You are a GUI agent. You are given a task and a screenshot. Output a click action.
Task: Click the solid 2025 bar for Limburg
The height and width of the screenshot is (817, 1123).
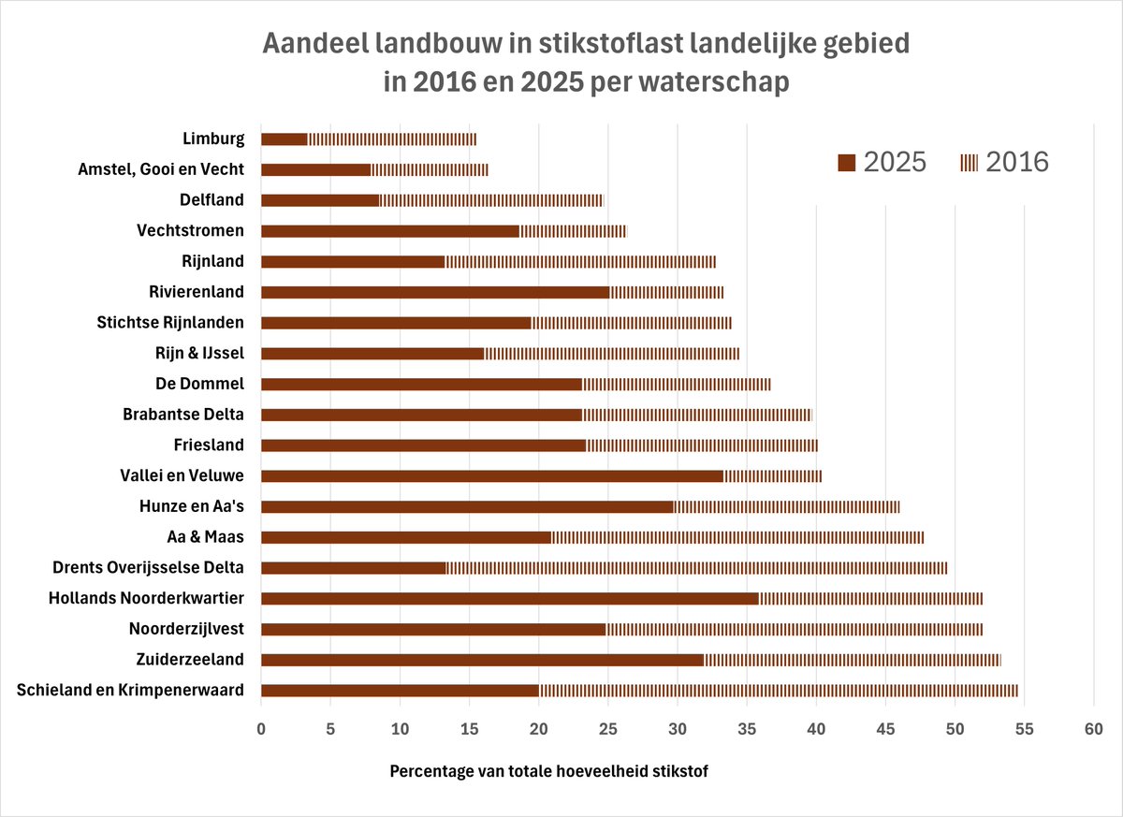coord(284,139)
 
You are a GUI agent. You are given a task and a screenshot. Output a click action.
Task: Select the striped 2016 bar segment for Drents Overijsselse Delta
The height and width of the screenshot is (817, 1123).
coord(696,568)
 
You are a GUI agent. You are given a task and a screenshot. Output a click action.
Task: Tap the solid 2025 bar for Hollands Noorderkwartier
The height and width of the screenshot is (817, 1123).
coord(509,599)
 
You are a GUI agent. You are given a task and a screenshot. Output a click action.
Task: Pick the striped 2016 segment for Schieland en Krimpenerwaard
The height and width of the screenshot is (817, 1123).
coord(778,692)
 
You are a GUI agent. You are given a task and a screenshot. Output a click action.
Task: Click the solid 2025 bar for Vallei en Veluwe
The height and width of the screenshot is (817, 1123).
coord(491,476)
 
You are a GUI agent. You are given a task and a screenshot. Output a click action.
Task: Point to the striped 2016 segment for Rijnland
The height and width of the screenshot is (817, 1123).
coord(580,262)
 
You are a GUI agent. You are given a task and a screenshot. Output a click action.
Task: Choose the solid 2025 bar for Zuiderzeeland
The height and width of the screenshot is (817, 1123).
coord(482,661)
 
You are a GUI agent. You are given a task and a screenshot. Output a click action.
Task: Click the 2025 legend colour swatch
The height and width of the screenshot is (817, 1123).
coord(846,163)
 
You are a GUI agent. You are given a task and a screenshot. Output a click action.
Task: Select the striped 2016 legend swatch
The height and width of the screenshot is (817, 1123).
coord(969,163)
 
